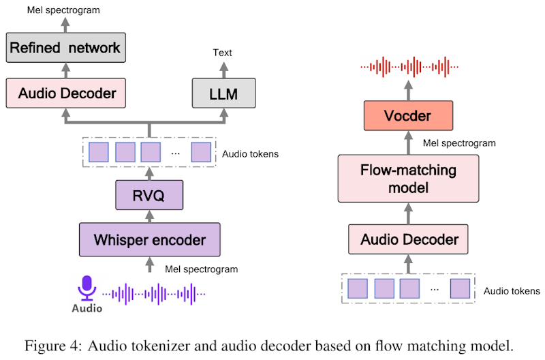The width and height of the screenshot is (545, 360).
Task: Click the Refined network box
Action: tap(66, 48)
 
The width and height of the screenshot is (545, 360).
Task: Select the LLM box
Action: tap(223, 93)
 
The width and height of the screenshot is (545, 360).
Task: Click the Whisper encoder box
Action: tap(150, 239)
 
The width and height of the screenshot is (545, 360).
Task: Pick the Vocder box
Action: tap(409, 115)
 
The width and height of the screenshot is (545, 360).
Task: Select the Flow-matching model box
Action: tap(409, 178)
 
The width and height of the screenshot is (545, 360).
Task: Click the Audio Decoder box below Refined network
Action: tap(66, 92)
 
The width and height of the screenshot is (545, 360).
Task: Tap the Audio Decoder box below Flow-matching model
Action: tap(409, 240)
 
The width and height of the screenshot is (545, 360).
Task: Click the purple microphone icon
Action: tap(87, 288)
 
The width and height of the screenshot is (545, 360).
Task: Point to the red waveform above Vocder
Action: tap(409, 67)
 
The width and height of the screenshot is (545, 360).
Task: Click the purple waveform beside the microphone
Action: tap(154, 294)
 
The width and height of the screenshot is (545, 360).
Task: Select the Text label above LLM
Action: tap(223, 52)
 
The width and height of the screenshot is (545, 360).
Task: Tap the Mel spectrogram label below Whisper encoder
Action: tap(202, 269)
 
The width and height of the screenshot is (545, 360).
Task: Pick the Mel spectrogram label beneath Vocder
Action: tap(459, 143)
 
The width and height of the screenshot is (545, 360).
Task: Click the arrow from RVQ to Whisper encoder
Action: tap(150, 215)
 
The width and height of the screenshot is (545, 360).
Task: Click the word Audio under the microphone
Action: tap(87, 308)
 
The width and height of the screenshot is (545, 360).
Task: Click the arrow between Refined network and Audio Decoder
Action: tap(66, 70)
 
